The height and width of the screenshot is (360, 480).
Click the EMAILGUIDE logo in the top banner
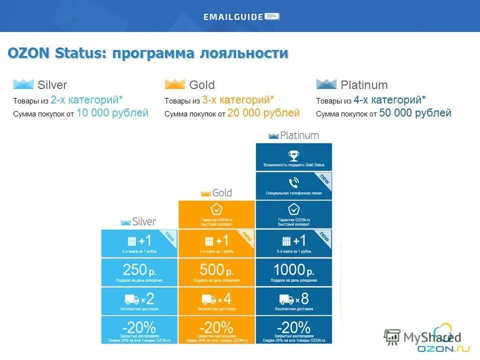[233, 16]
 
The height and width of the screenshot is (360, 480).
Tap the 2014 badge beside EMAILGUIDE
[272, 16]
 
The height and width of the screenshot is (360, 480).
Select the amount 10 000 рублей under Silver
[112, 113]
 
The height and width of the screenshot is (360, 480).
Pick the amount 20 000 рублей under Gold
[263, 113]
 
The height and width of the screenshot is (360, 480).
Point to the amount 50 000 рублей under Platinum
[415, 113]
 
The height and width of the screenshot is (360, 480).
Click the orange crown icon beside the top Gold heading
[174, 84]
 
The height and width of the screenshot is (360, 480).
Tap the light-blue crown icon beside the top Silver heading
[23, 84]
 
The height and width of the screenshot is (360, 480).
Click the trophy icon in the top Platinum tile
[293, 155]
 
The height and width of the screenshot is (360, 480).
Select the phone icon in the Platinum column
[293, 182]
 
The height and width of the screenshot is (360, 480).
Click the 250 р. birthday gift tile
[139, 272]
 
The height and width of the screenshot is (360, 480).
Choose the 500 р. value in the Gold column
[216, 270]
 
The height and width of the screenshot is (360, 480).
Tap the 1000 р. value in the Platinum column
[293, 270]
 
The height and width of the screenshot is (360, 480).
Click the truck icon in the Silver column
[132, 299]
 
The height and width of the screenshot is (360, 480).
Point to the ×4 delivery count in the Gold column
[224, 299]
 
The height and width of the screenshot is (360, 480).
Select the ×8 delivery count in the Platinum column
[302, 299]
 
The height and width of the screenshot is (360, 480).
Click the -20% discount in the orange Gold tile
[216, 327]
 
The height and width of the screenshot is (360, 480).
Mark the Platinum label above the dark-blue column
[299, 135]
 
